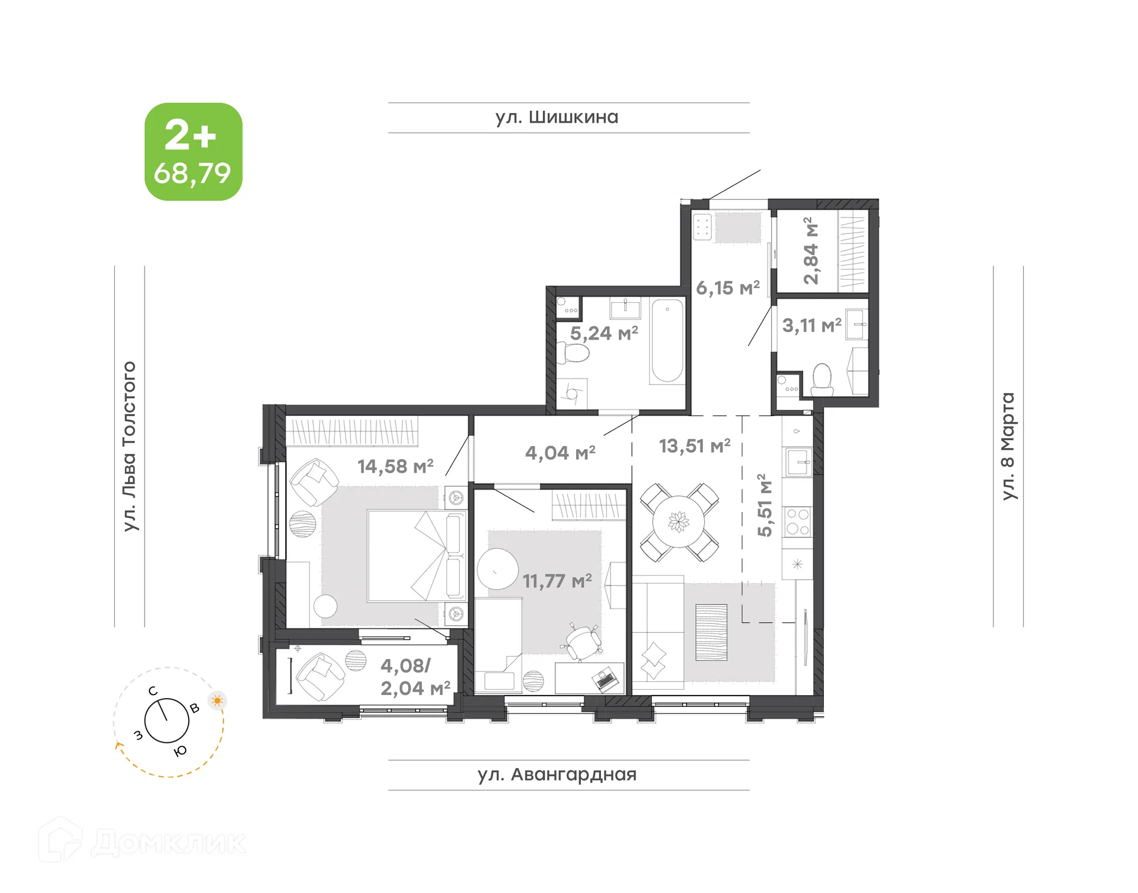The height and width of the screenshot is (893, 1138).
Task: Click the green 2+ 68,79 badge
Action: [193, 152]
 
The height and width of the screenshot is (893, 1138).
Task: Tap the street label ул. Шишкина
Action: [557, 117]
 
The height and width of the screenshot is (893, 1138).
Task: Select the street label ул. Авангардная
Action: [557, 774]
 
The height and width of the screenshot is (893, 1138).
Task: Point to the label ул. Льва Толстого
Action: [129, 446]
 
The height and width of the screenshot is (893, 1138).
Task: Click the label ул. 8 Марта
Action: [1008, 446]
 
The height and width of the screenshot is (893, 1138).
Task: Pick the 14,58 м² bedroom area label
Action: [395, 467]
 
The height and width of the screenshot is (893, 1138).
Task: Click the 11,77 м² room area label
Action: [557, 581]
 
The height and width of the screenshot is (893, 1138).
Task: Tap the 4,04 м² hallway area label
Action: [560, 453]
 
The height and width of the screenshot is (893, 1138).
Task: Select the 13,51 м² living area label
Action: [695, 446]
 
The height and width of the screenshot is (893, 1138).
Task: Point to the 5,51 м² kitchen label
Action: [765, 505]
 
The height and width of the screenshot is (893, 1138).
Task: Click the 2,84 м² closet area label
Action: [810, 251]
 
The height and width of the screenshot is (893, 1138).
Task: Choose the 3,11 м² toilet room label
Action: [811, 325]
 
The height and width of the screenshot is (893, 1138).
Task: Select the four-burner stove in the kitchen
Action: [797, 521]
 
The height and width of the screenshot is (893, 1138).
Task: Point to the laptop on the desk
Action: [606, 679]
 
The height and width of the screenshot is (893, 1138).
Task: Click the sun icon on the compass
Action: [218, 701]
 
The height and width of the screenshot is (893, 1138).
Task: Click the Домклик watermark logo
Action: [142, 841]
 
